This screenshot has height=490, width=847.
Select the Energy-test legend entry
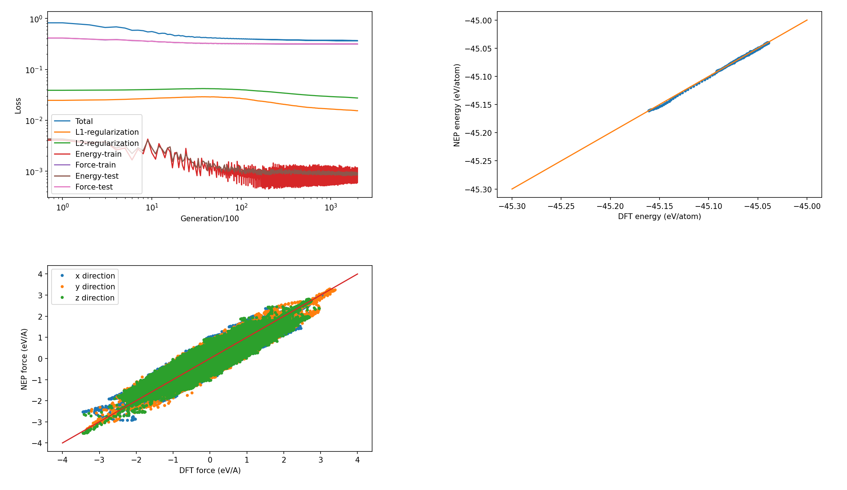pyautogui.click(x=97, y=176)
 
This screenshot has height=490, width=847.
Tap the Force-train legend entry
pyautogui.click(x=95, y=165)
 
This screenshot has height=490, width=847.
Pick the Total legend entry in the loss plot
pyautogui.click(x=84, y=121)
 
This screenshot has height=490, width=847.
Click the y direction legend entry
pyautogui.click(x=95, y=287)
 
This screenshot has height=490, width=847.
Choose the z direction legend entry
pyautogui.click(x=94, y=298)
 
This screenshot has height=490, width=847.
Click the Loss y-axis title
pyautogui.click(x=18, y=106)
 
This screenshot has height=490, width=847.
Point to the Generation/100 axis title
pyautogui.click(x=209, y=219)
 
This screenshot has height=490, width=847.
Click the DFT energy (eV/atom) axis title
pyautogui.click(x=659, y=217)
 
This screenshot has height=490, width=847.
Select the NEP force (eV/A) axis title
pyautogui.click(x=24, y=359)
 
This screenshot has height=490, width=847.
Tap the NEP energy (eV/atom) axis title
pyautogui.click(x=457, y=105)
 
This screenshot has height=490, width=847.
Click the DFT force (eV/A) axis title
pyautogui.click(x=209, y=471)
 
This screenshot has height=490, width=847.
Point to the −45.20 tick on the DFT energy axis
pyautogui.click(x=610, y=206)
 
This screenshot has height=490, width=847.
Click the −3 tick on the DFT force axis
pyautogui.click(x=99, y=460)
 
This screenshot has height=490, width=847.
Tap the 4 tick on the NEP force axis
pyautogui.click(x=40, y=274)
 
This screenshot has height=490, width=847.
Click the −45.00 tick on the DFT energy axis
pyautogui.click(x=807, y=206)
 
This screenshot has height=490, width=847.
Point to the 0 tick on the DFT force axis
pyautogui.click(x=210, y=460)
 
